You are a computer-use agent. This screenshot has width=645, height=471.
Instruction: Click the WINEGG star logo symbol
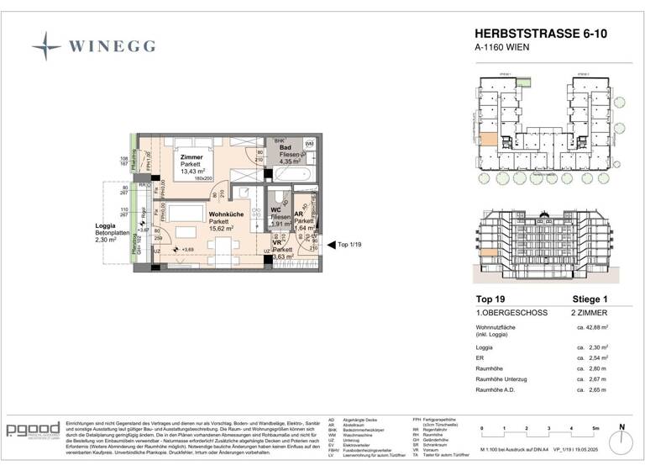(x=46, y=45)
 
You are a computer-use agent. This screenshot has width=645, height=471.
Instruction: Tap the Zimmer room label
(x=191, y=157)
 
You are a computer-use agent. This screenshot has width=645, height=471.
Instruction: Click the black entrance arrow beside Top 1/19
(x=329, y=246)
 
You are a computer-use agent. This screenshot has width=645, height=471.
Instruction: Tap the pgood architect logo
(x=33, y=431)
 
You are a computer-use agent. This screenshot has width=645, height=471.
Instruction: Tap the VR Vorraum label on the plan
(x=275, y=242)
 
